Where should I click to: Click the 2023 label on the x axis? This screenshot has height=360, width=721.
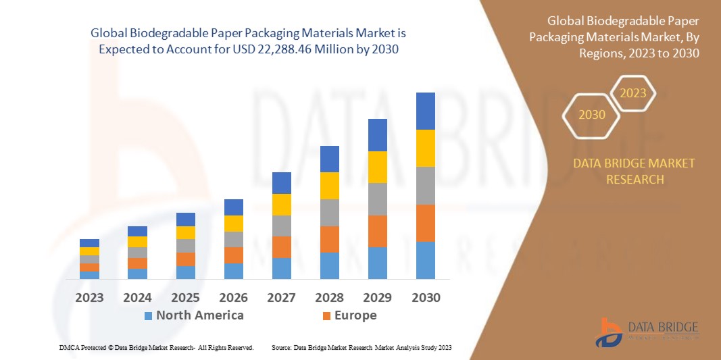coord(89,298)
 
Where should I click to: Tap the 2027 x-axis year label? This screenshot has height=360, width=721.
coord(282,298)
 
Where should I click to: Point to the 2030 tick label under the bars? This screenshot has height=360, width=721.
coord(425,298)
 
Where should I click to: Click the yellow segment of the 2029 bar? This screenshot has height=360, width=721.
coord(377,167)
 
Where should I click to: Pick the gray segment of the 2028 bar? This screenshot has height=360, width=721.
coord(329,212)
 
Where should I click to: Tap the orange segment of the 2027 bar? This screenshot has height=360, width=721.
coord(282,247)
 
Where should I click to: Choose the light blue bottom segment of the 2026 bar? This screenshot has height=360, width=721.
coord(234,271)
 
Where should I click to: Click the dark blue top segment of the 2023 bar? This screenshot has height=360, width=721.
coord(89,243)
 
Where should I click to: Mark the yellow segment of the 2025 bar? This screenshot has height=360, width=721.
coord(186,232)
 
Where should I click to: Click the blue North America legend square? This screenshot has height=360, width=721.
coord(148,316)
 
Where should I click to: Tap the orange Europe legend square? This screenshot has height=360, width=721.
coord(327,316)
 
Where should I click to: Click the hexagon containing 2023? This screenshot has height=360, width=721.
coord(633,93)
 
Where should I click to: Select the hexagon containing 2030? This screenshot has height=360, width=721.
coord(592,115)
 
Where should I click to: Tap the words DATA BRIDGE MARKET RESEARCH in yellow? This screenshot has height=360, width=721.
coord(634,172)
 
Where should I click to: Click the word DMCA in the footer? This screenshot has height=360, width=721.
coord(68,347)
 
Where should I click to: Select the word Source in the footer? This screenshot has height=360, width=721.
coord(281,347)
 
